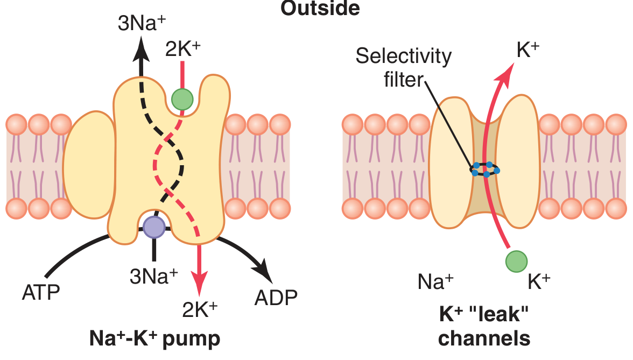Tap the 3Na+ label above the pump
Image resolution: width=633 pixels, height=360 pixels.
coord(140,24)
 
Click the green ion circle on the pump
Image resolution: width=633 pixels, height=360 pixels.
coord(182,99)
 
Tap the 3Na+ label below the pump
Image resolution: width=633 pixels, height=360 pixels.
coord(154,276)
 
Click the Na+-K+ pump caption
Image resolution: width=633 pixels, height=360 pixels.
coord(154,339)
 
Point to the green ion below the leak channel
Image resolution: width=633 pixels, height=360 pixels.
coord(516,262)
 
